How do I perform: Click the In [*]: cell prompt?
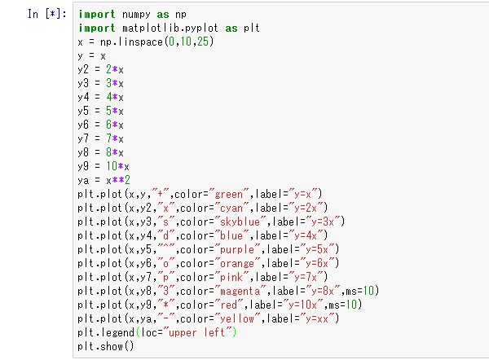(x=47, y=14)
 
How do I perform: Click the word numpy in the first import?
(x=136, y=15)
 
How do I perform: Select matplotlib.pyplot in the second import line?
(x=170, y=28)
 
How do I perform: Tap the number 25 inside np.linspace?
(x=202, y=42)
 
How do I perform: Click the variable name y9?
(x=83, y=166)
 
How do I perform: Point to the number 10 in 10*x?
(x=112, y=166)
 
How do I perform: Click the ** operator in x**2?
(x=118, y=180)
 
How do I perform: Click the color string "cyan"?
(x=231, y=208)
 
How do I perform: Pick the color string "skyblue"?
(x=240, y=222)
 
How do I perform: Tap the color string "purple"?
(x=237, y=249)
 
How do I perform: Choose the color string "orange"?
(x=237, y=263)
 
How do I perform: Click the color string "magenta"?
(x=240, y=291)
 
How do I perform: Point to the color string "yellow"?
(x=237, y=318)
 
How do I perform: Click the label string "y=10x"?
(x=303, y=305)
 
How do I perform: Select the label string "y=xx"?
(x=317, y=318)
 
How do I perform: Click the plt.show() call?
(x=106, y=346)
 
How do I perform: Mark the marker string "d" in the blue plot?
(x=166, y=235)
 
